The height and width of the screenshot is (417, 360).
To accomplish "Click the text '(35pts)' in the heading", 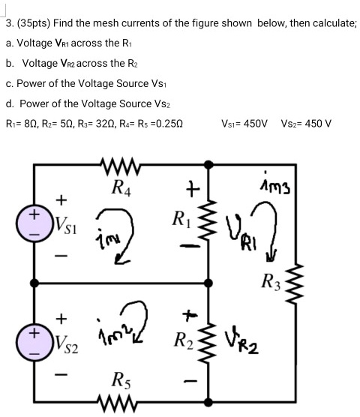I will (x=34, y=23).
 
